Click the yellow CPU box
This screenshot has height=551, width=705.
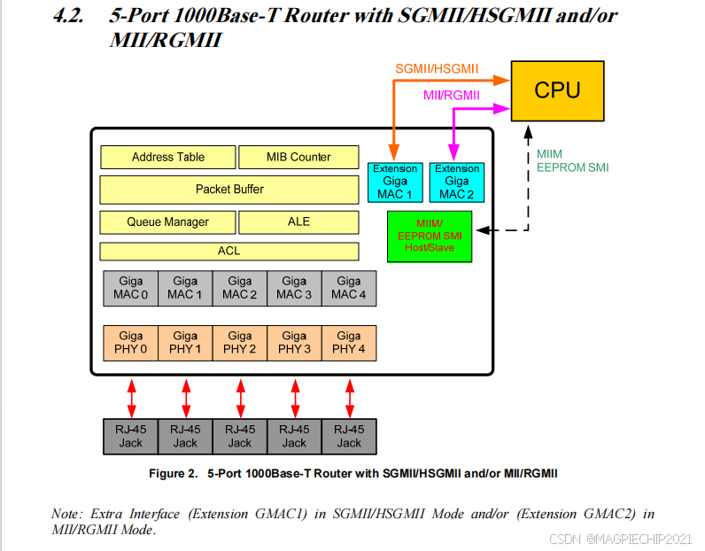557,91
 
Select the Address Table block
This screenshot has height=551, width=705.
167,157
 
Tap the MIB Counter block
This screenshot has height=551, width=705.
298,157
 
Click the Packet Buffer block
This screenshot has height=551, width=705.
229,189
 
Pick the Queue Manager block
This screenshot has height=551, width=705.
167,221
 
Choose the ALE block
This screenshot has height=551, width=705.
298,221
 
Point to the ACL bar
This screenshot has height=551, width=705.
229,252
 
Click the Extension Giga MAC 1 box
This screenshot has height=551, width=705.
395,182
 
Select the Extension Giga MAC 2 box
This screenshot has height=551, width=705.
457,182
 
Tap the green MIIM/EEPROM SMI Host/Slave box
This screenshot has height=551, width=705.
430,237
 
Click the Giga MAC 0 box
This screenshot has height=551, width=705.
131,288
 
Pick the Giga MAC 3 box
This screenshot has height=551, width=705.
294,288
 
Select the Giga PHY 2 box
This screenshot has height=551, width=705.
240,343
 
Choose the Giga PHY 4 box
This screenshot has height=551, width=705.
349,343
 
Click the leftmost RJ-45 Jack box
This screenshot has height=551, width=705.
131,436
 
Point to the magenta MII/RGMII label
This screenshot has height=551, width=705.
452,96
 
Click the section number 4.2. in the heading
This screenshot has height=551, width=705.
72,16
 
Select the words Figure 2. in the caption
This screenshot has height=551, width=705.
172,474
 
